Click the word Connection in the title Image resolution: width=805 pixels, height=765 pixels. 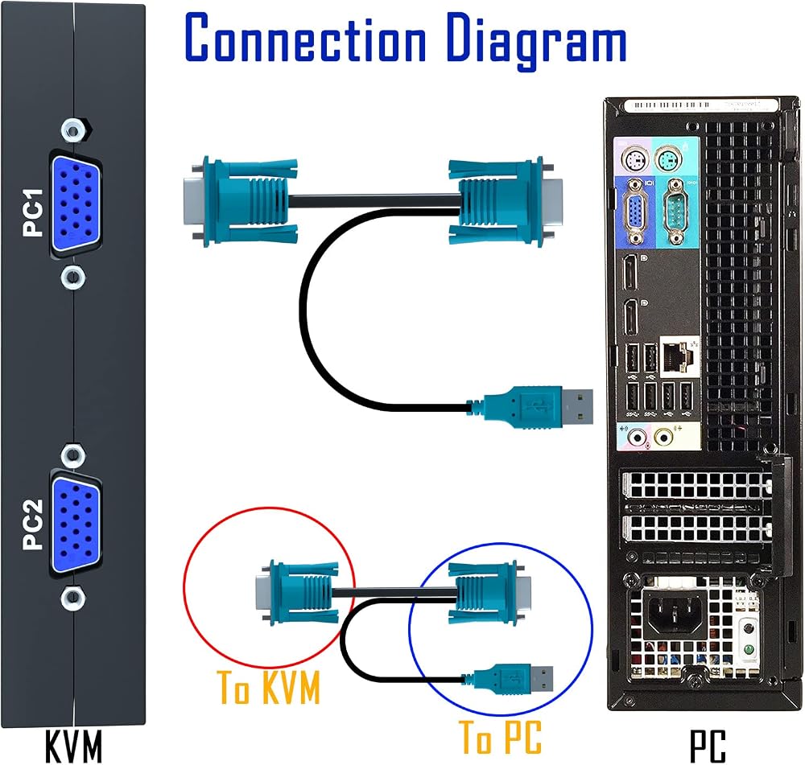pos(305,38)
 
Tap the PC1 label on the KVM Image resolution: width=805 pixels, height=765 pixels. pos(33,212)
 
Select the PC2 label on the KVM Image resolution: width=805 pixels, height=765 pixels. pos(33,524)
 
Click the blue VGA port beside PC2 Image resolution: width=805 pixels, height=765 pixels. pos(76,525)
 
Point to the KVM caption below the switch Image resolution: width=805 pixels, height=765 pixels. pos(73,746)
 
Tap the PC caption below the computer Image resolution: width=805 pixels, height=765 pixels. pos(708,746)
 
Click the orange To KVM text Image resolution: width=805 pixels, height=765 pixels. pos(269,687)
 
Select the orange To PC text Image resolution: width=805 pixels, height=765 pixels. pos(500,737)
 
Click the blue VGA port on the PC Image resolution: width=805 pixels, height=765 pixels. pos(636,211)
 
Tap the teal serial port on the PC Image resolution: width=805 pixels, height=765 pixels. pos(673,211)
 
